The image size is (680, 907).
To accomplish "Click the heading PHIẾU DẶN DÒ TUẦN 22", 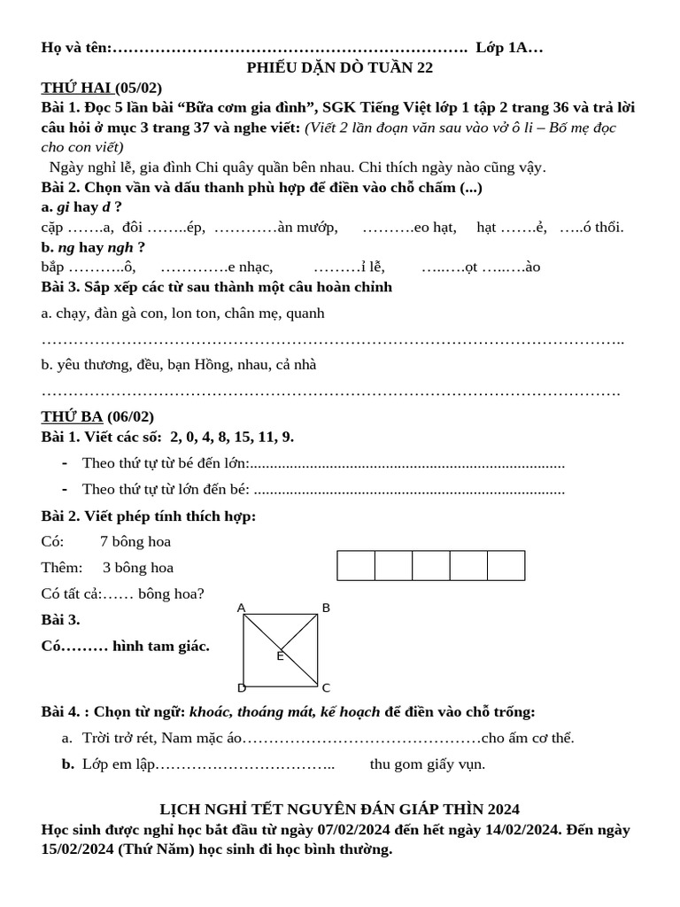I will (339, 67).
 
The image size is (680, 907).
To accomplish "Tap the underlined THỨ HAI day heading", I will (76, 87).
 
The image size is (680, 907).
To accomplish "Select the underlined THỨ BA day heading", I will (73, 416).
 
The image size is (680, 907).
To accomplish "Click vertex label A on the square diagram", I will (241, 608).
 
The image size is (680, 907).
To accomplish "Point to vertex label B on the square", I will (326, 608).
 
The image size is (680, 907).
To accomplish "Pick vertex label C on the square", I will (326, 687).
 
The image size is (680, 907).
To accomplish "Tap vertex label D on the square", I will (241, 687).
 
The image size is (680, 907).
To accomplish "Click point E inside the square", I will (280, 655).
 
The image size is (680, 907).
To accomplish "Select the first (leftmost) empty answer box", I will (356, 565).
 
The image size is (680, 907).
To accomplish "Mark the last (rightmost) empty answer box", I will (506, 565).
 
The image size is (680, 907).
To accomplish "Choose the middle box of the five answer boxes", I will (431, 565).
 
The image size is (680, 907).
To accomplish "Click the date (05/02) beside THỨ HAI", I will (139, 87).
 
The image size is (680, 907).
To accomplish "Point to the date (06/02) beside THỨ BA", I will (131, 416).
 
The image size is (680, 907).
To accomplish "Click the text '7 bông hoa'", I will (135, 541).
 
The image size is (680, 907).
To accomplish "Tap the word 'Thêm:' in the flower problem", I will (62, 568).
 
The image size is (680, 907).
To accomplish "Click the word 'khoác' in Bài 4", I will (211, 711).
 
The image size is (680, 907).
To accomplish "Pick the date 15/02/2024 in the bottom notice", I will (78, 849).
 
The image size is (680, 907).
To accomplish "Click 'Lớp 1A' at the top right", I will (503, 48).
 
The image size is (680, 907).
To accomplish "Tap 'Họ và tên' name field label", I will (76, 48).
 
